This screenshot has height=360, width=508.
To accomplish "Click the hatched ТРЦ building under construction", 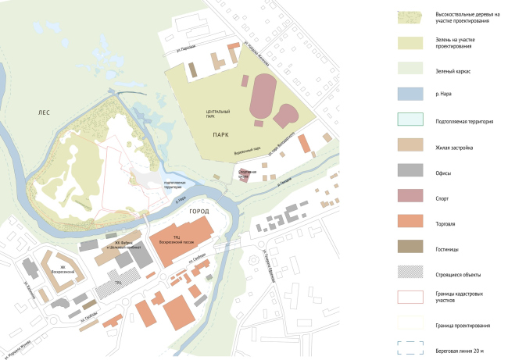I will tap(118, 281).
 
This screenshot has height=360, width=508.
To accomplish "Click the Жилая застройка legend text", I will tap(453, 147).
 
